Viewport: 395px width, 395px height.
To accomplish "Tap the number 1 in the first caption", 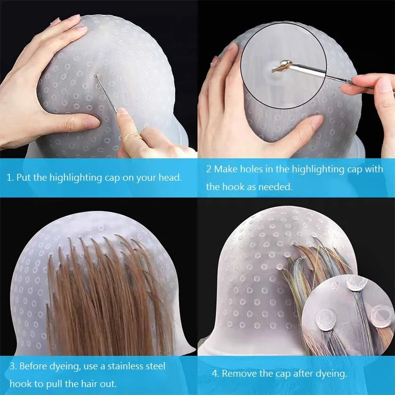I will (9, 177).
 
